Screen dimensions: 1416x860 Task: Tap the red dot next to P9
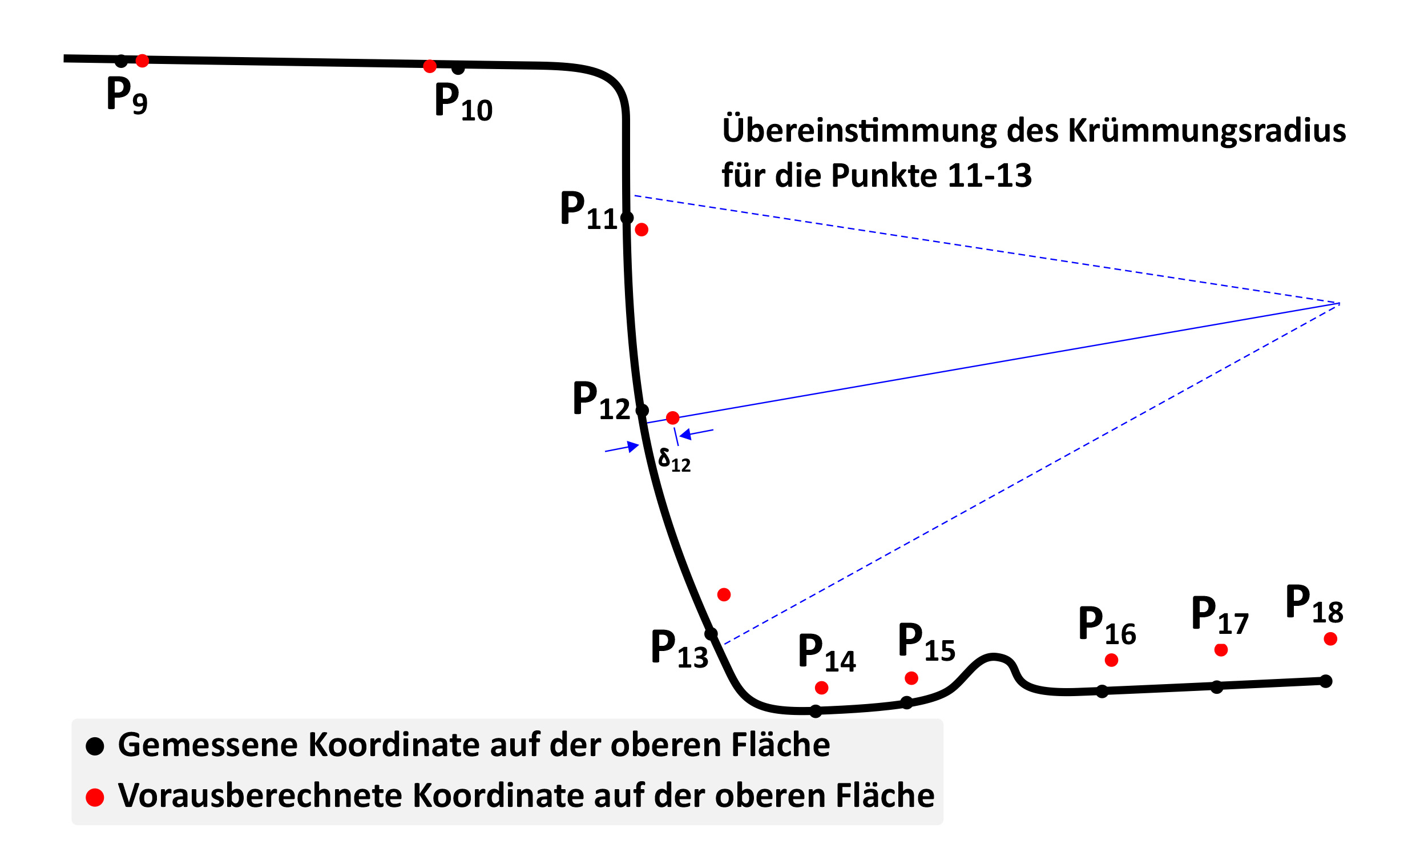[142, 61]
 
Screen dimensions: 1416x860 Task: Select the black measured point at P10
[458, 69]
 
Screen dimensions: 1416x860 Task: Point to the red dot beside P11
[642, 230]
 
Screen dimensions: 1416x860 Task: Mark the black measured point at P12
[643, 411]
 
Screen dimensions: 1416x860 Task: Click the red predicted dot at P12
[672, 418]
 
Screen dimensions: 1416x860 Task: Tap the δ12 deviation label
[674, 460]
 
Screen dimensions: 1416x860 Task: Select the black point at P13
[711, 634]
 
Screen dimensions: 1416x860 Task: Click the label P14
[827, 653]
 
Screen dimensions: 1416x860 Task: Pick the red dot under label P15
[911, 678]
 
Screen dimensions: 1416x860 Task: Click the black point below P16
[1102, 692]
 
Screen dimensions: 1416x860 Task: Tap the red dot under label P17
[1221, 650]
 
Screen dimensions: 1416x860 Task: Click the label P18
[1314, 604]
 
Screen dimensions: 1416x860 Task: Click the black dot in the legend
[95, 747]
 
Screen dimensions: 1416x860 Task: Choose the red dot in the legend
[95, 797]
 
